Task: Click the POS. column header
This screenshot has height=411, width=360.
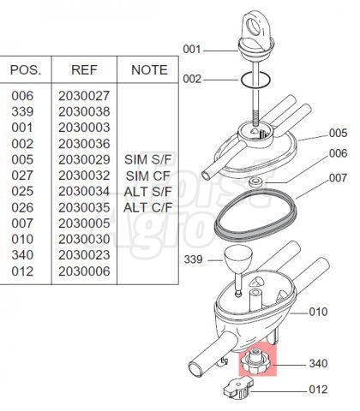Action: pyautogui.click(x=26, y=70)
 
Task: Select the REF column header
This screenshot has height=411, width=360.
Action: pyautogui.click(x=84, y=70)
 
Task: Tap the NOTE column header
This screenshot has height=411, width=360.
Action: pyautogui.click(x=149, y=70)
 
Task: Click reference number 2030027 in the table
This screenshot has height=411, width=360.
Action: pyautogui.click(x=84, y=96)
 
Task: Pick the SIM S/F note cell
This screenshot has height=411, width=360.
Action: pyautogui.click(x=147, y=159)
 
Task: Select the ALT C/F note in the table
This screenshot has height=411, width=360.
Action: pyautogui.click(x=147, y=207)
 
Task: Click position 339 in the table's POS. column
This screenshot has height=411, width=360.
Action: pyautogui.click(x=22, y=112)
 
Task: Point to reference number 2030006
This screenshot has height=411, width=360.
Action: pyautogui.click(x=84, y=271)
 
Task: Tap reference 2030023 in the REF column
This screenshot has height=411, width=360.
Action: pyautogui.click(x=84, y=255)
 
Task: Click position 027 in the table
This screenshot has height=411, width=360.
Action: pyautogui.click(x=22, y=176)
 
